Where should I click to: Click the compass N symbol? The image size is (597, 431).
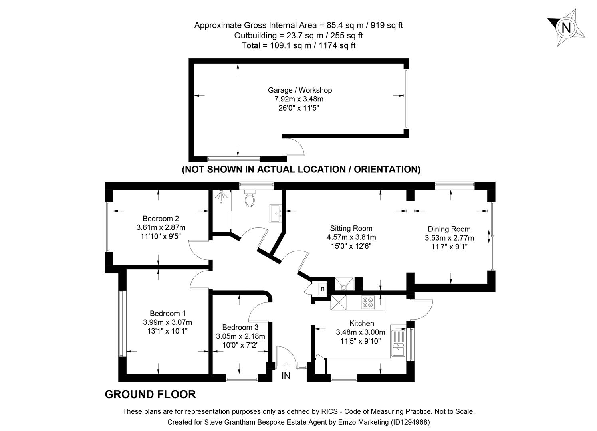tap(566, 28)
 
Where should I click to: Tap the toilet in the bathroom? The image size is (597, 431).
tap(250, 198)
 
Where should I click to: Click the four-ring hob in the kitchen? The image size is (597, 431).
tap(367, 302)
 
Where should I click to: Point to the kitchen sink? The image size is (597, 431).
tap(399, 344)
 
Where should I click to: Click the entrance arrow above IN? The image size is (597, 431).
tap(286, 366)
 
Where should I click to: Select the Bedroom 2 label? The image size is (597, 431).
tap(161, 219)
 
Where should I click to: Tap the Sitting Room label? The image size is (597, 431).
tap(351, 229)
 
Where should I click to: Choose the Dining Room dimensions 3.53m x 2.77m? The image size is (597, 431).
tap(449, 238)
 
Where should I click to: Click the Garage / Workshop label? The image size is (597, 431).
tap(299, 90)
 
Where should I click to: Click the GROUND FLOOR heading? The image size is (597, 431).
tap(150, 395)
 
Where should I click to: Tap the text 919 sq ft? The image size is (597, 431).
tap(387, 25)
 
